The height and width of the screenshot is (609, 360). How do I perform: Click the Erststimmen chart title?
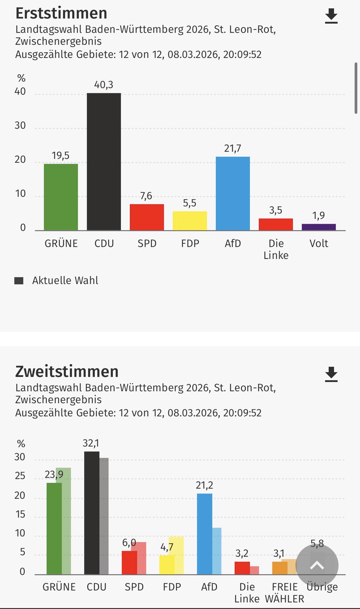pyautogui.click(x=61, y=13)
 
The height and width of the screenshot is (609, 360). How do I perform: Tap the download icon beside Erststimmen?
pyautogui.click(x=331, y=16)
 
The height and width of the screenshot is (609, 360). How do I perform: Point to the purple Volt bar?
pyautogui.click(x=319, y=227)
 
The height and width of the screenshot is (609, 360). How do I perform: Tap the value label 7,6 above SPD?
pyautogui.click(x=146, y=196)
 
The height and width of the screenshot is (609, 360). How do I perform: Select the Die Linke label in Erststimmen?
pyautogui.click(x=276, y=249)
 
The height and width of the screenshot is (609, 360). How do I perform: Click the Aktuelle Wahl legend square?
pyautogui.click(x=19, y=281)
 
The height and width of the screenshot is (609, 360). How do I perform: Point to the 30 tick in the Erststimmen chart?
pyautogui.click(x=20, y=125)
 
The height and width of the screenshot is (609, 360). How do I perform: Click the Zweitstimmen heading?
pyautogui.click(x=67, y=372)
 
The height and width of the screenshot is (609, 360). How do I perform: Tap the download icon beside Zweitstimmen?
pyautogui.click(x=331, y=374)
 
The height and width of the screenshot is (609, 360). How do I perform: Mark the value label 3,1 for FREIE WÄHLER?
pyautogui.click(x=279, y=553)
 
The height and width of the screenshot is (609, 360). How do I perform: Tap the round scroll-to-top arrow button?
pyautogui.click(x=317, y=565)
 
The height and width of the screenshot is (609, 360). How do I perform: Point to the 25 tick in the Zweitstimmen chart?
pyautogui.click(x=20, y=476)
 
